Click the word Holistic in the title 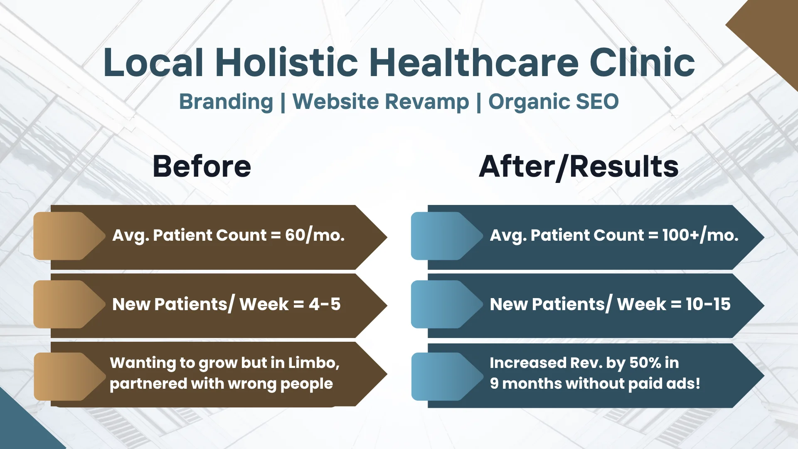tap(287, 62)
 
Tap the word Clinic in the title tap(642, 62)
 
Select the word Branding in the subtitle tap(226, 102)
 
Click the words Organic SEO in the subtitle tap(554, 102)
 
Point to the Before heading tap(202, 166)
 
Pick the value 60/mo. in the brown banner tap(315, 235)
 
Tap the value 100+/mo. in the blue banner tap(700, 235)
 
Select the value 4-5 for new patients tap(325, 304)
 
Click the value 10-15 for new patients tap(708, 304)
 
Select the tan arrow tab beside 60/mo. tap(69, 236)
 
